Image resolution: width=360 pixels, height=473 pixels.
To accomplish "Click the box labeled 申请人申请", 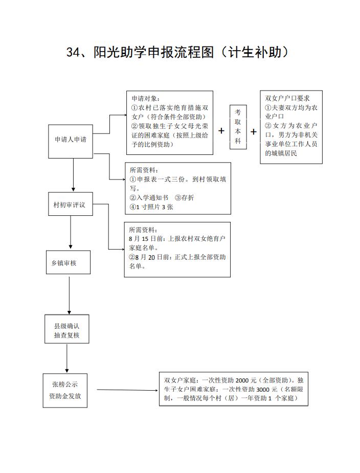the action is (70, 142).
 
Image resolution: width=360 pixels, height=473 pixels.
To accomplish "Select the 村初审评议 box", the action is (70, 204).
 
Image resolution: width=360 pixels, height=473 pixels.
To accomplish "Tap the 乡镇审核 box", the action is (68, 262).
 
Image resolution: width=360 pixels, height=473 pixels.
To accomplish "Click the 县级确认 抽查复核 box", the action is (66, 329).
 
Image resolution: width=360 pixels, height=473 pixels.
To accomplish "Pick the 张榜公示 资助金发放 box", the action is (65, 391).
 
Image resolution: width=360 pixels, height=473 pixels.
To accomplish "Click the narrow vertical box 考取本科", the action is (238, 127).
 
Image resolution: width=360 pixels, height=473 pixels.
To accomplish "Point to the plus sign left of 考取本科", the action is (221, 130).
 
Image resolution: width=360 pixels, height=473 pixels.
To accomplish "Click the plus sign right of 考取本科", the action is (254, 131).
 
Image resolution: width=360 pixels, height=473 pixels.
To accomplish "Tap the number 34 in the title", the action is (73, 52).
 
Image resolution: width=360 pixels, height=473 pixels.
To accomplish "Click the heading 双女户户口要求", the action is (287, 98).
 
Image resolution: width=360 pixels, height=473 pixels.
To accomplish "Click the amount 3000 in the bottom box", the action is (263, 390).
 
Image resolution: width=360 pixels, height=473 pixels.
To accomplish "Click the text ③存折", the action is (185, 197).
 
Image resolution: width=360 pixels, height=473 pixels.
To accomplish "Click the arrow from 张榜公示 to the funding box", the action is (127, 390).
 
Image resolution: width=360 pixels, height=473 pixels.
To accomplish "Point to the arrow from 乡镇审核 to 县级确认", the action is (69, 296).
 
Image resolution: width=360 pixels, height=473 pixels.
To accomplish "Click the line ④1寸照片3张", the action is (151, 207).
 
